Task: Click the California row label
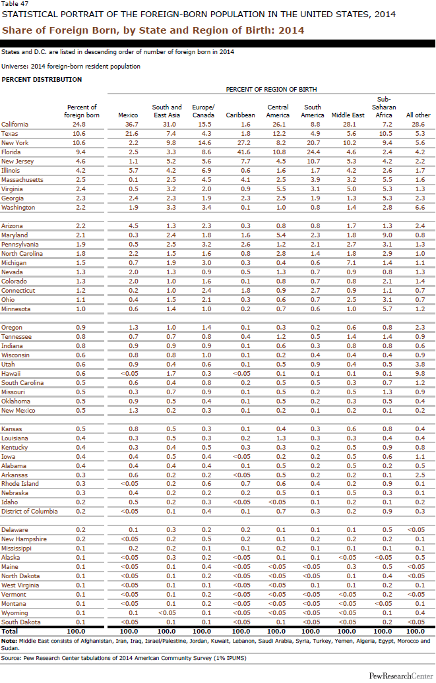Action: point(15,124)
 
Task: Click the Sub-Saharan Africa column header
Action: point(384,107)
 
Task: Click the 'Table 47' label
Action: point(14,4)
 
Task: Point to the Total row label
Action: point(11,631)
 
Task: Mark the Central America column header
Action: point(278,111)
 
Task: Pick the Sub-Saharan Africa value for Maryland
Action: point(384,235)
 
